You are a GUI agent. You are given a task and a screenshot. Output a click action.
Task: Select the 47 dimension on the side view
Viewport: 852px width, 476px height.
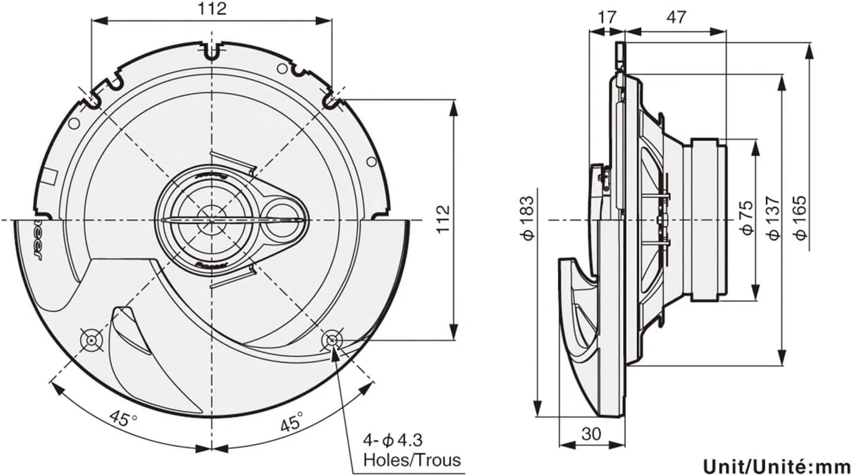(676, 17)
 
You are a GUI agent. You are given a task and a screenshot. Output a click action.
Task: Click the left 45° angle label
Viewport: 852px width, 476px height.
(123, 418)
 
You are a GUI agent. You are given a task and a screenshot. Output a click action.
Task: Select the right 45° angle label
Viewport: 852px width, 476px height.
(291, 420)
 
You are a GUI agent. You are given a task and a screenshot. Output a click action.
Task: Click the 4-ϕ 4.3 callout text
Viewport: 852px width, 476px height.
(397, 440)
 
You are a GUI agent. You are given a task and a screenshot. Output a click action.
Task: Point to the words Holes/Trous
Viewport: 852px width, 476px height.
(411, 460)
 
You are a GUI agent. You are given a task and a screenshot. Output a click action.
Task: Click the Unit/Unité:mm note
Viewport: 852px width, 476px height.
(776, 466)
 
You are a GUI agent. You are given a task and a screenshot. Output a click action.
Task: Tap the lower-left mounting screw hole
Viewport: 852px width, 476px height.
(91, 340)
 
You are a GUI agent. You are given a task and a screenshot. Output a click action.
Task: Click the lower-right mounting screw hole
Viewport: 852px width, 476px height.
(331, 340)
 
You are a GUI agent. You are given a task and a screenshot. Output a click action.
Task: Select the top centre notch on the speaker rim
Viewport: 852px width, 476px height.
(211, 51)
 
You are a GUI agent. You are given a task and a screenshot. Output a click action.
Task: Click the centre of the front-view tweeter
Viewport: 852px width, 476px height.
(211, 219)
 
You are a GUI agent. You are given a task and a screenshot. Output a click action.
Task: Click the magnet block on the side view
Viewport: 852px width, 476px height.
(705, 219)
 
